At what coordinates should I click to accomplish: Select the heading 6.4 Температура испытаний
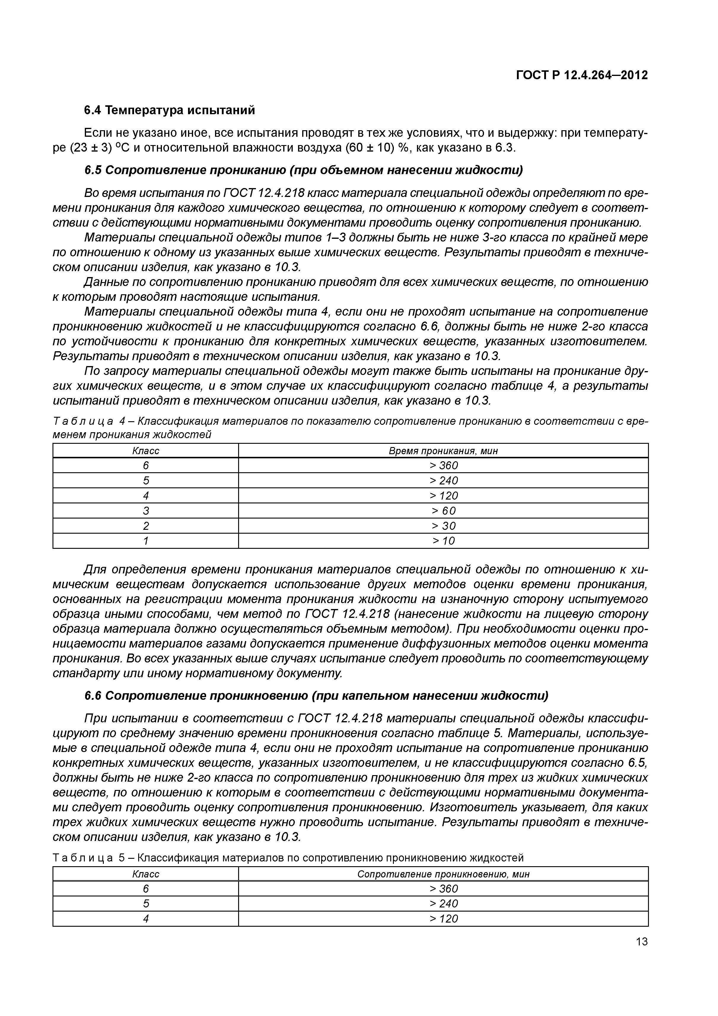pos(169,110)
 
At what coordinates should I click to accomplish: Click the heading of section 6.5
pos(303,170)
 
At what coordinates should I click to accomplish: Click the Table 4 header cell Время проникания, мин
pos(443,451)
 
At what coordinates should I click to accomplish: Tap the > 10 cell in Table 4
pos(443,541)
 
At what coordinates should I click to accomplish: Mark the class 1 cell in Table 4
pos(146,541)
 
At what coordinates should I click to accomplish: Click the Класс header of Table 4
pos(146,451)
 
